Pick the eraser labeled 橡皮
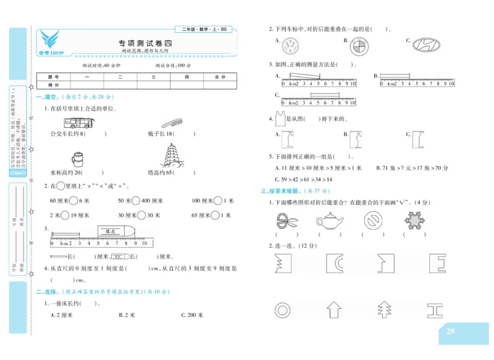[x=112, y=230]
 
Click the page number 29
[x=450, y=332]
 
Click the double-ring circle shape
[x=283, y=310]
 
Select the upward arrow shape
[x=333, y=309]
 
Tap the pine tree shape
[x=384, y=309]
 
